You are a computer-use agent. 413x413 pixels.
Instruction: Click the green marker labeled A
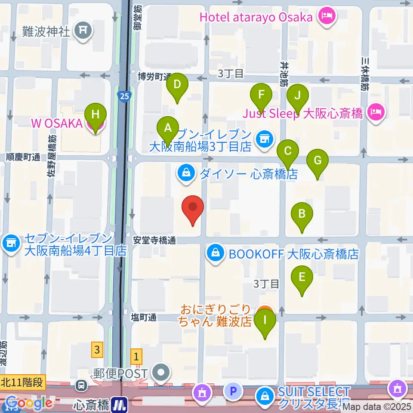pos(168,127)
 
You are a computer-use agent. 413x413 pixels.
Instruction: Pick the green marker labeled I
pos(265,320)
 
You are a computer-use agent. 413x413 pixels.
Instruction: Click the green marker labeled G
pos(317,161)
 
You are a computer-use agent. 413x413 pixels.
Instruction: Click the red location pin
pos(193,207)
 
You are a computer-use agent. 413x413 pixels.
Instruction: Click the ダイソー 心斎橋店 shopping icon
pos(186,174)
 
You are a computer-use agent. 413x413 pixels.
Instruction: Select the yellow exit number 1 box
pos(137,356)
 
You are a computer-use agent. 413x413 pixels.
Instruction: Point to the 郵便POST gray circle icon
pos(162,373)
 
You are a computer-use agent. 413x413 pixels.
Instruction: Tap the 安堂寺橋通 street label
pos(154,241)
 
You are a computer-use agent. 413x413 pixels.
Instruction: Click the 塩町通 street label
pos(143,317)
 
